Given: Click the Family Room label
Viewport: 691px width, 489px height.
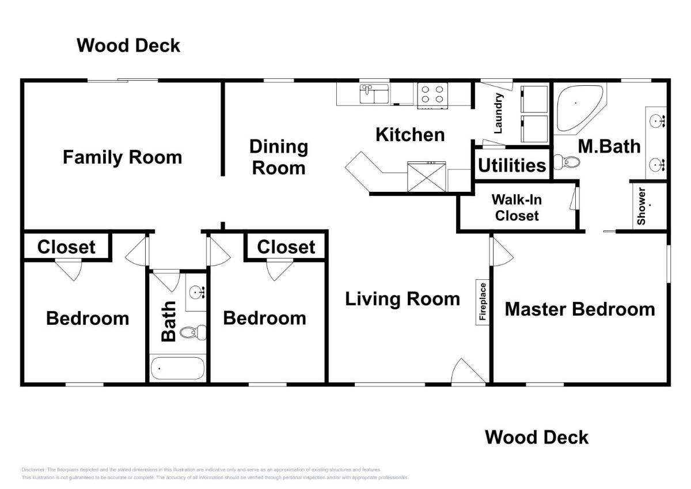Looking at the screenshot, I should (x=122, y=157).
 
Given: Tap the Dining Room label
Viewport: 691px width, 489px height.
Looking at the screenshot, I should (x=279, y=157).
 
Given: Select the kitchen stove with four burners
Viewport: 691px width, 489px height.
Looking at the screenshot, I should (x=432, y=96).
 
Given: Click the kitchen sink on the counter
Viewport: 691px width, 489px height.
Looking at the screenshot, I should (x=374, y=94).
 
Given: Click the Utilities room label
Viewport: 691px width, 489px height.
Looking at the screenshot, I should (x=512, y=165).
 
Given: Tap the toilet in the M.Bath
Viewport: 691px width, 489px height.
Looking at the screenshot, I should (x=568, y=162).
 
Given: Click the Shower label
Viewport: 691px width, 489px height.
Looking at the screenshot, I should (x=641, y=206).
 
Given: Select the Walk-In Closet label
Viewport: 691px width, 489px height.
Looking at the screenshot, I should (x=516, y=208).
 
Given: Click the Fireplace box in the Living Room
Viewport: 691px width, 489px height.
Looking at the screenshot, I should (x=483, y=302).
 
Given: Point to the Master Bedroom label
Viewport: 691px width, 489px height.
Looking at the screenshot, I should (x=580, y=309).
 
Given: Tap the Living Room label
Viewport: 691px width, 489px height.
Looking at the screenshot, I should (x=403, y=299).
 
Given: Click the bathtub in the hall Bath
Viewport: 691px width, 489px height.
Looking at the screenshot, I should (x=177, y=369).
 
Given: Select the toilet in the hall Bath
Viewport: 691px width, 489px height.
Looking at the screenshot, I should (x=192, y=332).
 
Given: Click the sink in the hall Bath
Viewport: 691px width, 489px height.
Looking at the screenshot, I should (x=197, y=293).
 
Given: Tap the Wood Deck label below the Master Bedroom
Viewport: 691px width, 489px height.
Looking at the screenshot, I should (x=537, y=437).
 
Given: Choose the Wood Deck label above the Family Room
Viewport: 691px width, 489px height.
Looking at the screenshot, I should (x=128, y=46).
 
